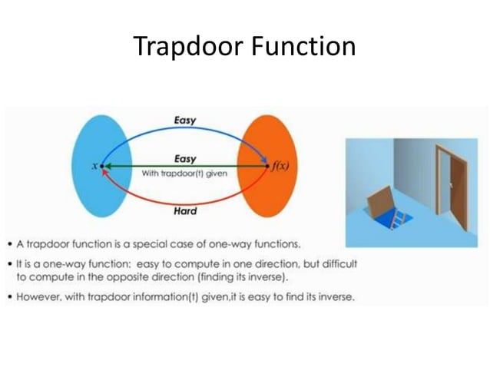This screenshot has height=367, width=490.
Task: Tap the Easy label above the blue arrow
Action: [x=184, y=121]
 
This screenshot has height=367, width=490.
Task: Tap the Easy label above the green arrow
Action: [x=185, y=158]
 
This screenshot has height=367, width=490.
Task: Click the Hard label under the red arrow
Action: [x=184, y=211]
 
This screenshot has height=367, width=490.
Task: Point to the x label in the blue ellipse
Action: [x=94, y=166]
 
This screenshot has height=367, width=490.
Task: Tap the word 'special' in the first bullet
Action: [x=177, y=244]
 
